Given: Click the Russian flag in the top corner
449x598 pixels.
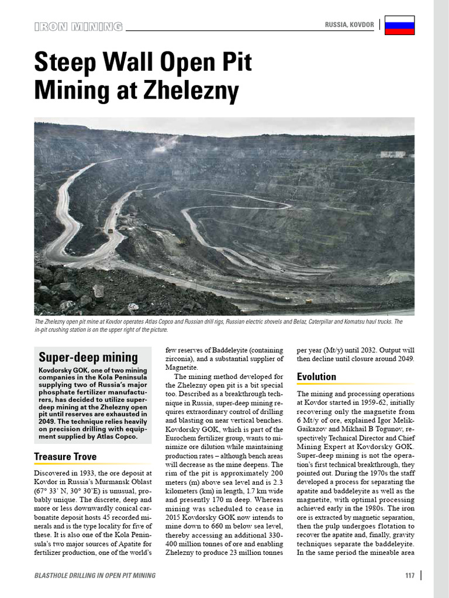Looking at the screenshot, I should (x=400, y=25).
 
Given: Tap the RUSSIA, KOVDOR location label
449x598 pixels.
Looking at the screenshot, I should (x=350, y=25).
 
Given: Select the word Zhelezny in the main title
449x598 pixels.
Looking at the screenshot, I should (x=189, y=91).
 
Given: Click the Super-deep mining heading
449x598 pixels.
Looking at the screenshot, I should (x=88, y=357).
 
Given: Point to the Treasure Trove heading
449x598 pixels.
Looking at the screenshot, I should (x=65, y=456).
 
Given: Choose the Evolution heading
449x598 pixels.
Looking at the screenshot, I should (x=316, y=377).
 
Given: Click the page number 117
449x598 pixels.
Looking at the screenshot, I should (x=409, y=575).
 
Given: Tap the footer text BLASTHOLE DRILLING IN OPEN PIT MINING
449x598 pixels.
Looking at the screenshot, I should (x=95, y=575).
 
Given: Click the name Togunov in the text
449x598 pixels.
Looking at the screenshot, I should (x=371, y=429).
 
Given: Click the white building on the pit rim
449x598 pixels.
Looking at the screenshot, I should (x=393, y=154).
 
